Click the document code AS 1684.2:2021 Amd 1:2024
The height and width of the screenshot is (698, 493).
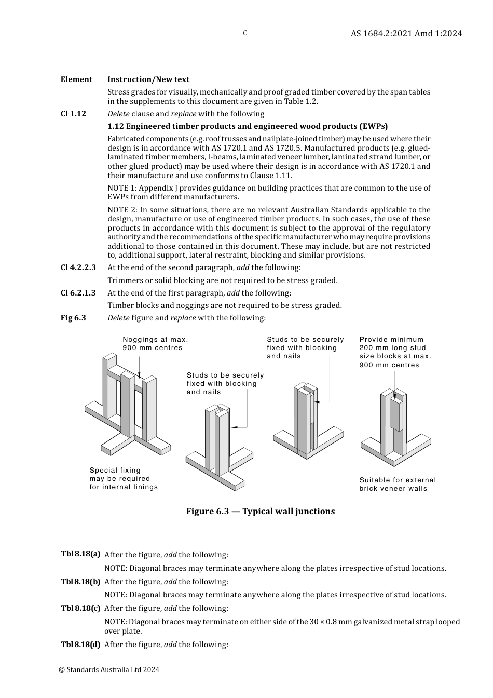pyautogui.click(x=406, y=33)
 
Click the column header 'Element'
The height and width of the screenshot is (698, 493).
pyautogui.click(x=76, y=79)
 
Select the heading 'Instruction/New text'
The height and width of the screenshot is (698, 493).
pyautogui.click(x=148, y=79)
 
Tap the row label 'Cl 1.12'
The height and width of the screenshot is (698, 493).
pyautogui.click(x=73, y=114)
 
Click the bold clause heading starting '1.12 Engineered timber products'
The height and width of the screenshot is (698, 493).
pyautogui.click(x=248, y=126)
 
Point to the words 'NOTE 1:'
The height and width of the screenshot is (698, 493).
pyautogui.click(x=122, y=188)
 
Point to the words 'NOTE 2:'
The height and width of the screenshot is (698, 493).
pyautogui.click(x=122, y=210)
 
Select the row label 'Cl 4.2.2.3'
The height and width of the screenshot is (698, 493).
pyautogui.click(x=78, y=267)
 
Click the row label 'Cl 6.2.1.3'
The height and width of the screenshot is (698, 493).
pyautogui.click(x=78, y=293)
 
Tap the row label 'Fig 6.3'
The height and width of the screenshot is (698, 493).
pyautogui.click(x=73, y=318)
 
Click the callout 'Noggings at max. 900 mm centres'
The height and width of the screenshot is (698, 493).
pyautogui.click(x=155, y=344)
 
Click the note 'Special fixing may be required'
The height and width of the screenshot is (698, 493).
pyautogui.click(x=124, y=479)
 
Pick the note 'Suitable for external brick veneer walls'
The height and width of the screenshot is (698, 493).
pyautogui.click(x=398, y=485)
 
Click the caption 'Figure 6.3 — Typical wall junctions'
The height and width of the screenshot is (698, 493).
pyautogui.click(x=261, y=512)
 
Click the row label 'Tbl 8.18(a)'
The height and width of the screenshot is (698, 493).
pyautogui.click(x=80, y=554)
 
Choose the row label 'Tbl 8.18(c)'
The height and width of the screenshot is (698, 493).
pyautogui.click(x=80, y=608)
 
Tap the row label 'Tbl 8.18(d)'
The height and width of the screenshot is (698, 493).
pyautogui.click(x=80, y=645)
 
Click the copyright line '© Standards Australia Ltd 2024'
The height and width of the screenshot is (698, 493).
pyautogui.click(x=109, y=669)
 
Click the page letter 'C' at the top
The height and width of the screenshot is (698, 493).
pyautogui.click(x=245, y=33)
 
